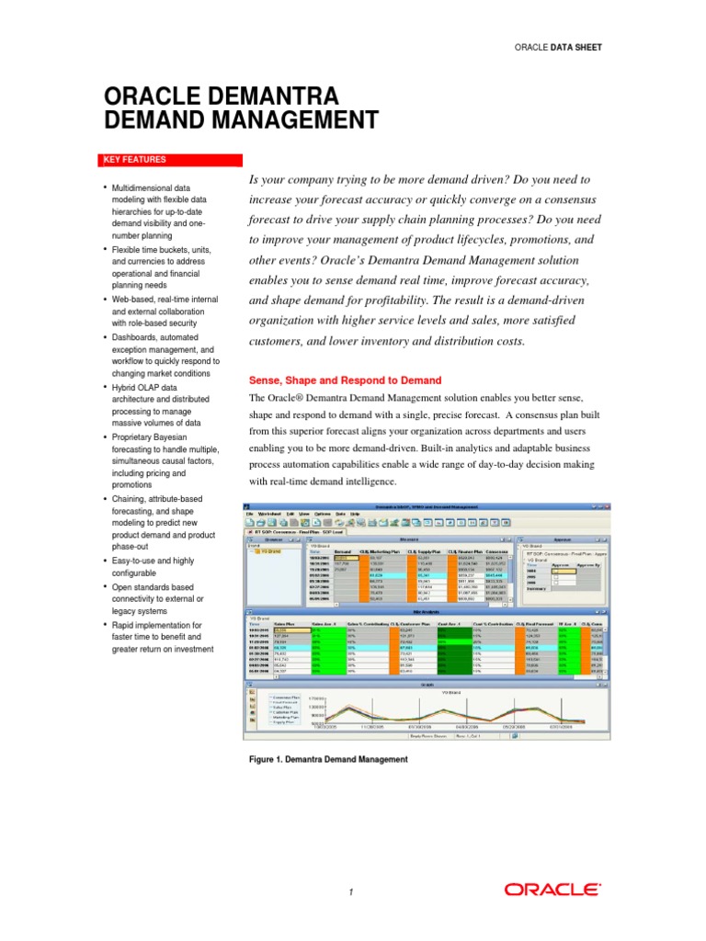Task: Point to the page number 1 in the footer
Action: (x=351, y=892)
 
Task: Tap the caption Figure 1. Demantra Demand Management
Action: (x=327, y=760)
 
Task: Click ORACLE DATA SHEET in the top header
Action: (x=559, y=47)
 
